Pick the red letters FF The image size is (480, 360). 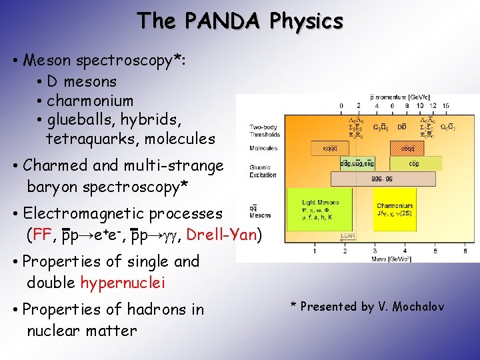(x=42, y=235)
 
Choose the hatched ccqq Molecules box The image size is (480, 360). (x=405, y=148)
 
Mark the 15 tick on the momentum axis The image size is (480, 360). (x=446, y=105)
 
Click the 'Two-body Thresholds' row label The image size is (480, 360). (x=263, y=131)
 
